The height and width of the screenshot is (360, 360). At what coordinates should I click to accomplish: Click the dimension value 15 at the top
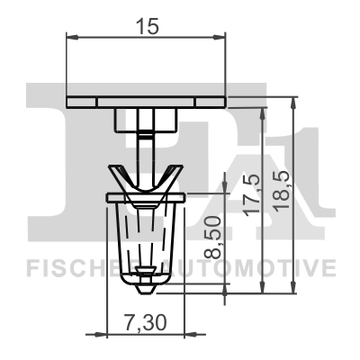(148, 26)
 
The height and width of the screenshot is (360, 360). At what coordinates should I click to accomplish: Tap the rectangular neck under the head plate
(146, 119)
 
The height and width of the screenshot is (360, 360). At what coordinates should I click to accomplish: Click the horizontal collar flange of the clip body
(146, 197)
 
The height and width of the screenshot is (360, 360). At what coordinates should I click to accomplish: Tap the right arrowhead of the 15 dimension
(220, 38)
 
